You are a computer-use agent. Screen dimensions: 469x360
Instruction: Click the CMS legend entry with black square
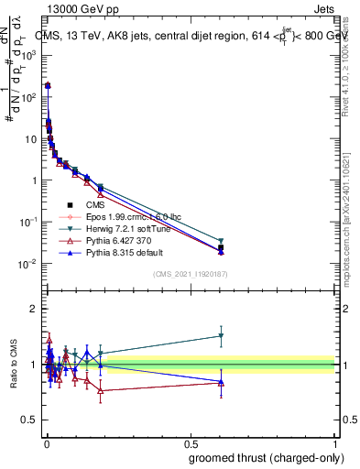tap(83, 205)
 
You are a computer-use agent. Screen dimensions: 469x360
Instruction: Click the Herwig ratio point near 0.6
tap(220, 335)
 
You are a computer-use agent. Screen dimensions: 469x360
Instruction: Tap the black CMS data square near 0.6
tap(220, 247)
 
